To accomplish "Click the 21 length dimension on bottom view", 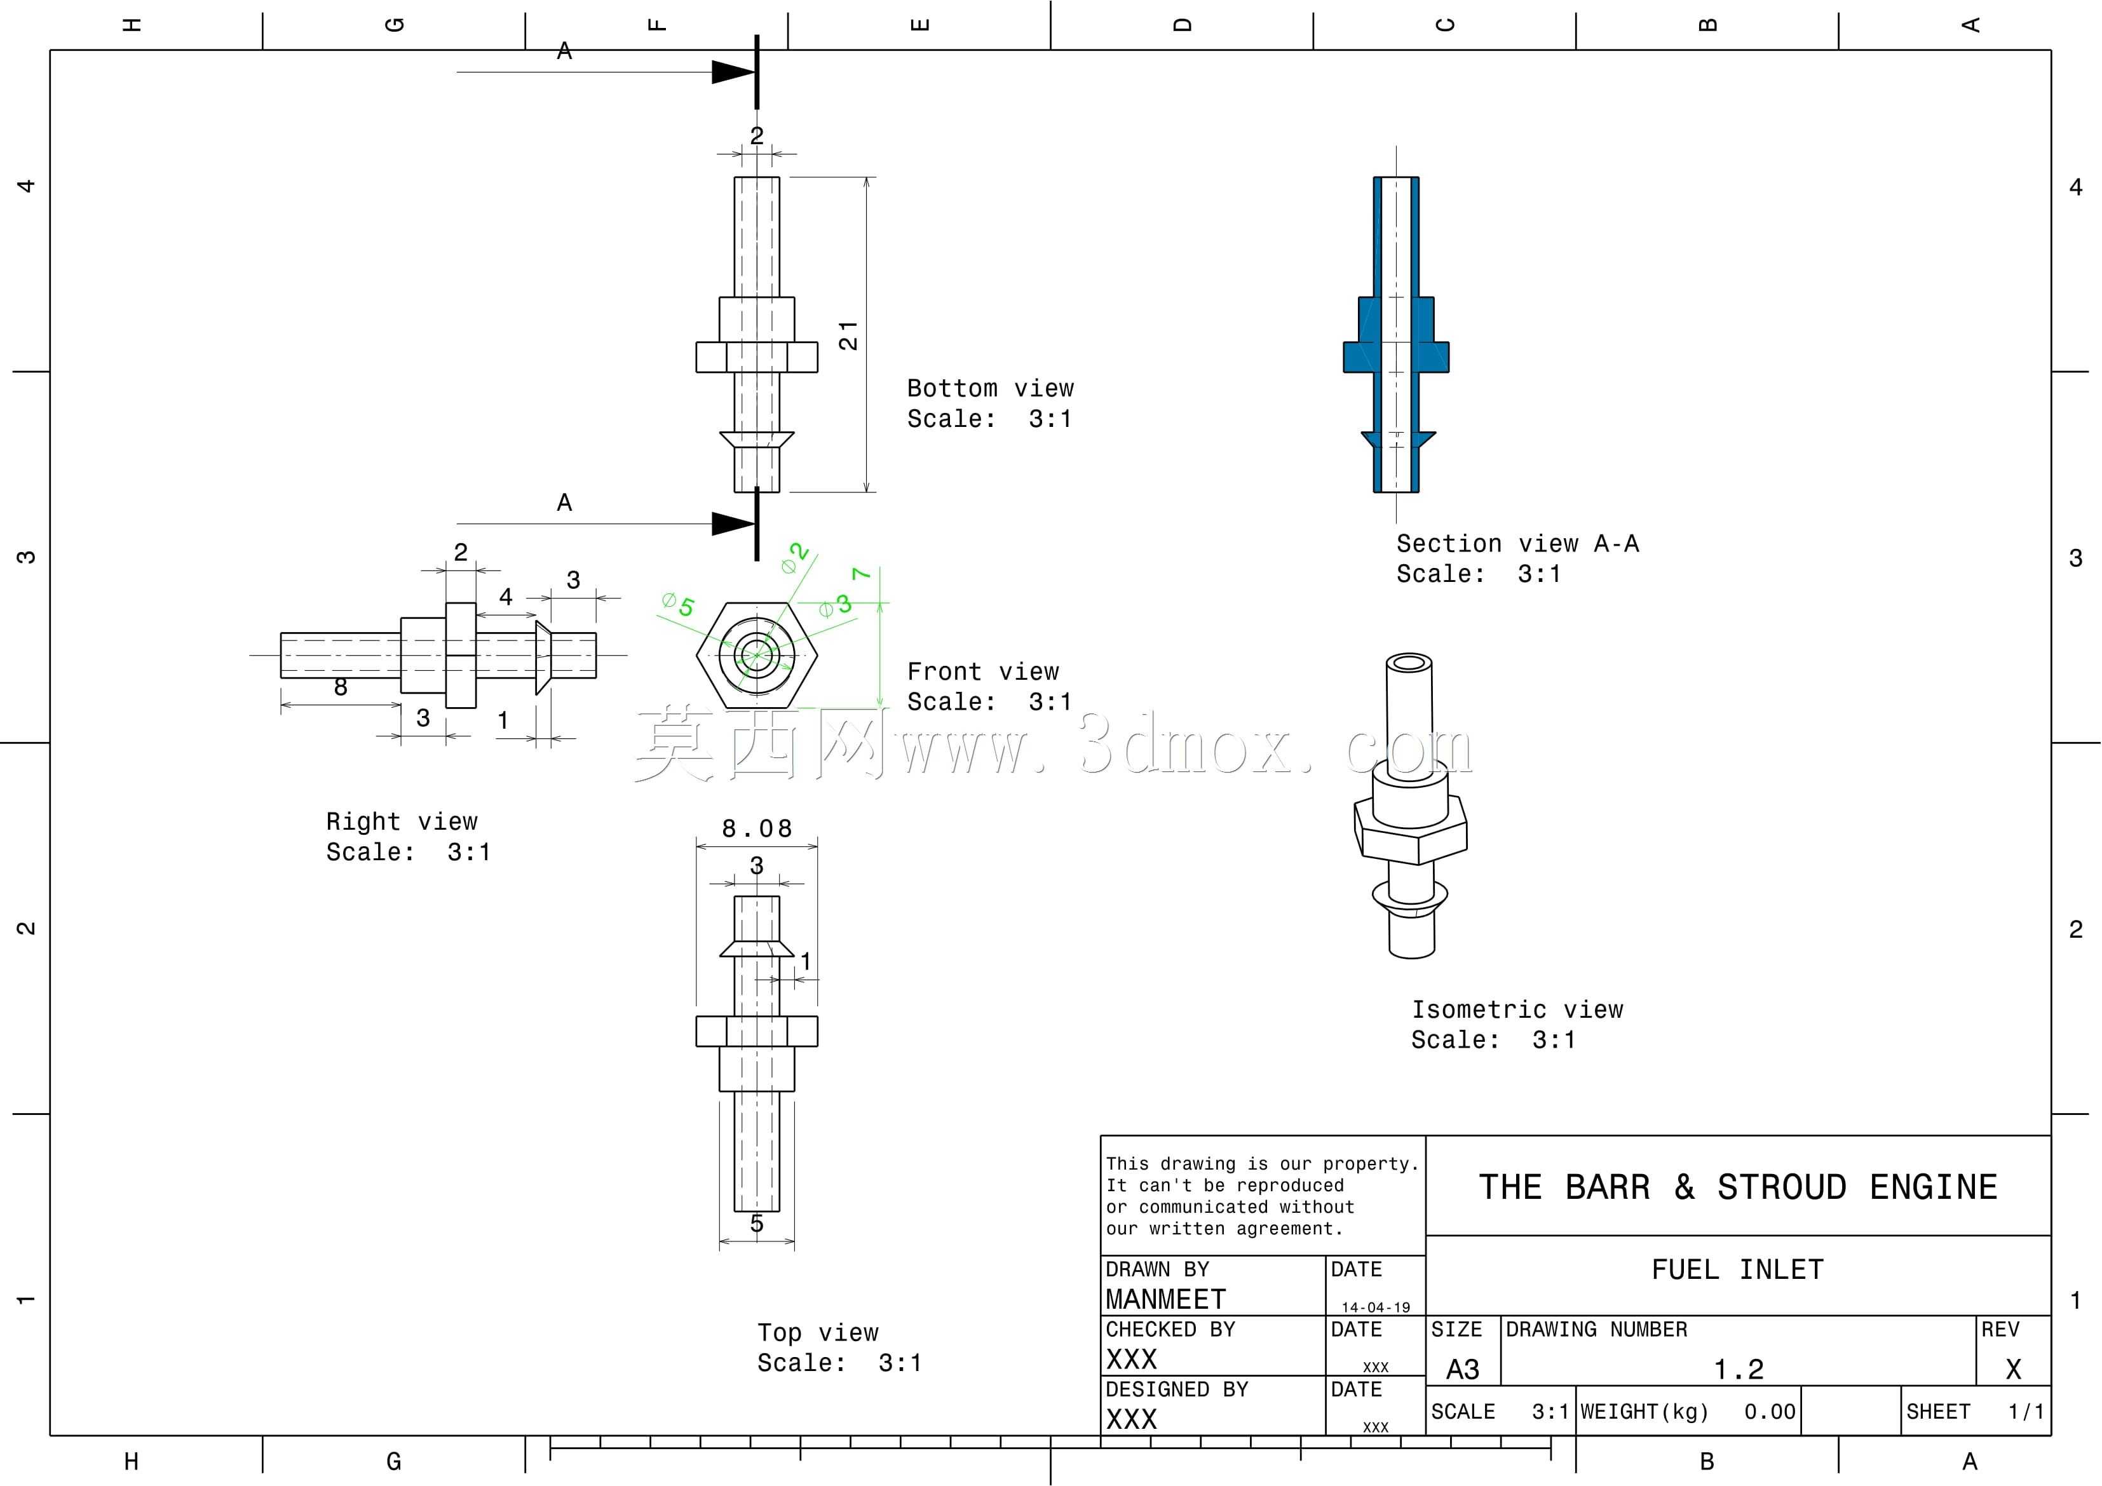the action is coord(849,335).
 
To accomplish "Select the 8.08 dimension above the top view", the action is coord(756,828).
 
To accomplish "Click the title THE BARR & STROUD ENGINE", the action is coord(1738,1187).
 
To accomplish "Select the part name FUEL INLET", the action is coord(1738,1270).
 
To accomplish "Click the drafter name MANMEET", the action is coord(1165,1299).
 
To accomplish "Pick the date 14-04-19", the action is coord(1376,1307).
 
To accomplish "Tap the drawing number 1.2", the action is coord(1739,1370).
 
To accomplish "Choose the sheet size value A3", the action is coord(1462,1370).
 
